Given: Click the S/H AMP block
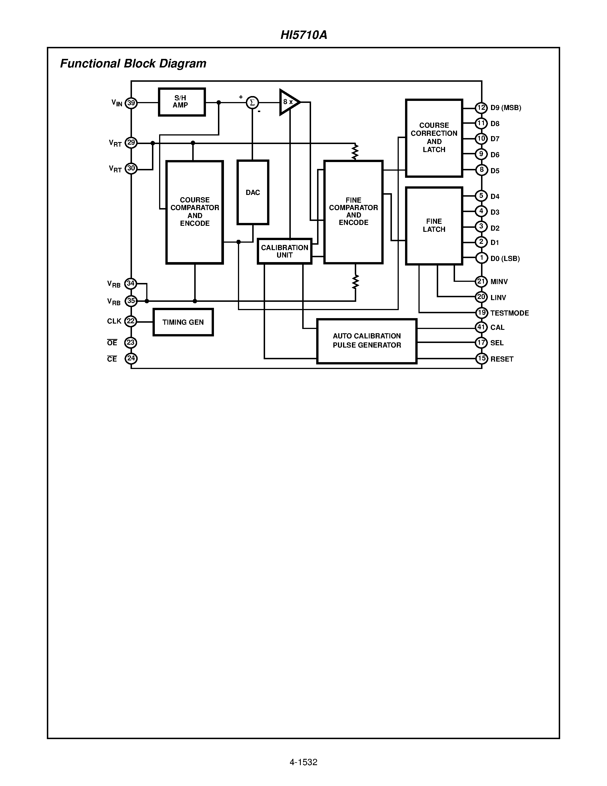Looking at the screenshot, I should (x=182, y=102).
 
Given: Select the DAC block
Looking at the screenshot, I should (x=253, y=193).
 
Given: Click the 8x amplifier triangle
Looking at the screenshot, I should (x=289, y=102).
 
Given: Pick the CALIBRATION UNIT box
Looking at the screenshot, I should (x=285, y=251).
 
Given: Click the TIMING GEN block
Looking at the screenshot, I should (x=183, y=322).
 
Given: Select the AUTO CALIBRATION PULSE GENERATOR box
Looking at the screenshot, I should (x=366, y=341).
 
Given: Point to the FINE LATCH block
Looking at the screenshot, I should (x=434, y=226).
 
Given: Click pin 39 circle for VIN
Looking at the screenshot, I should (x=131, y=103).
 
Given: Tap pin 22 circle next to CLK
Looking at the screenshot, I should (x=131, y=321).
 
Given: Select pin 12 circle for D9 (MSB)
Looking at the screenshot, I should (x=481, y=107).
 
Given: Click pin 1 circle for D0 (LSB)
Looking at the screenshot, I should (x=481, y=258).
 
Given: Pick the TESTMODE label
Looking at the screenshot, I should (x=509, y=313).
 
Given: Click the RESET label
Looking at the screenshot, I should (x=502, y=359).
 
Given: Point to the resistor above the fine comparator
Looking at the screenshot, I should (x=355, y=151).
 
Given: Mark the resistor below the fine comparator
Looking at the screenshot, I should (x=355, y=282).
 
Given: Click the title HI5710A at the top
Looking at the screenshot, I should (x=303, y=35).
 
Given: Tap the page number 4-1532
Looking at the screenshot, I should (x=303, y=762).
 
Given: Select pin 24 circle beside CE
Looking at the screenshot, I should (x=131, y=358).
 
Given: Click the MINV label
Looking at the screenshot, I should (x=499, y=282).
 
